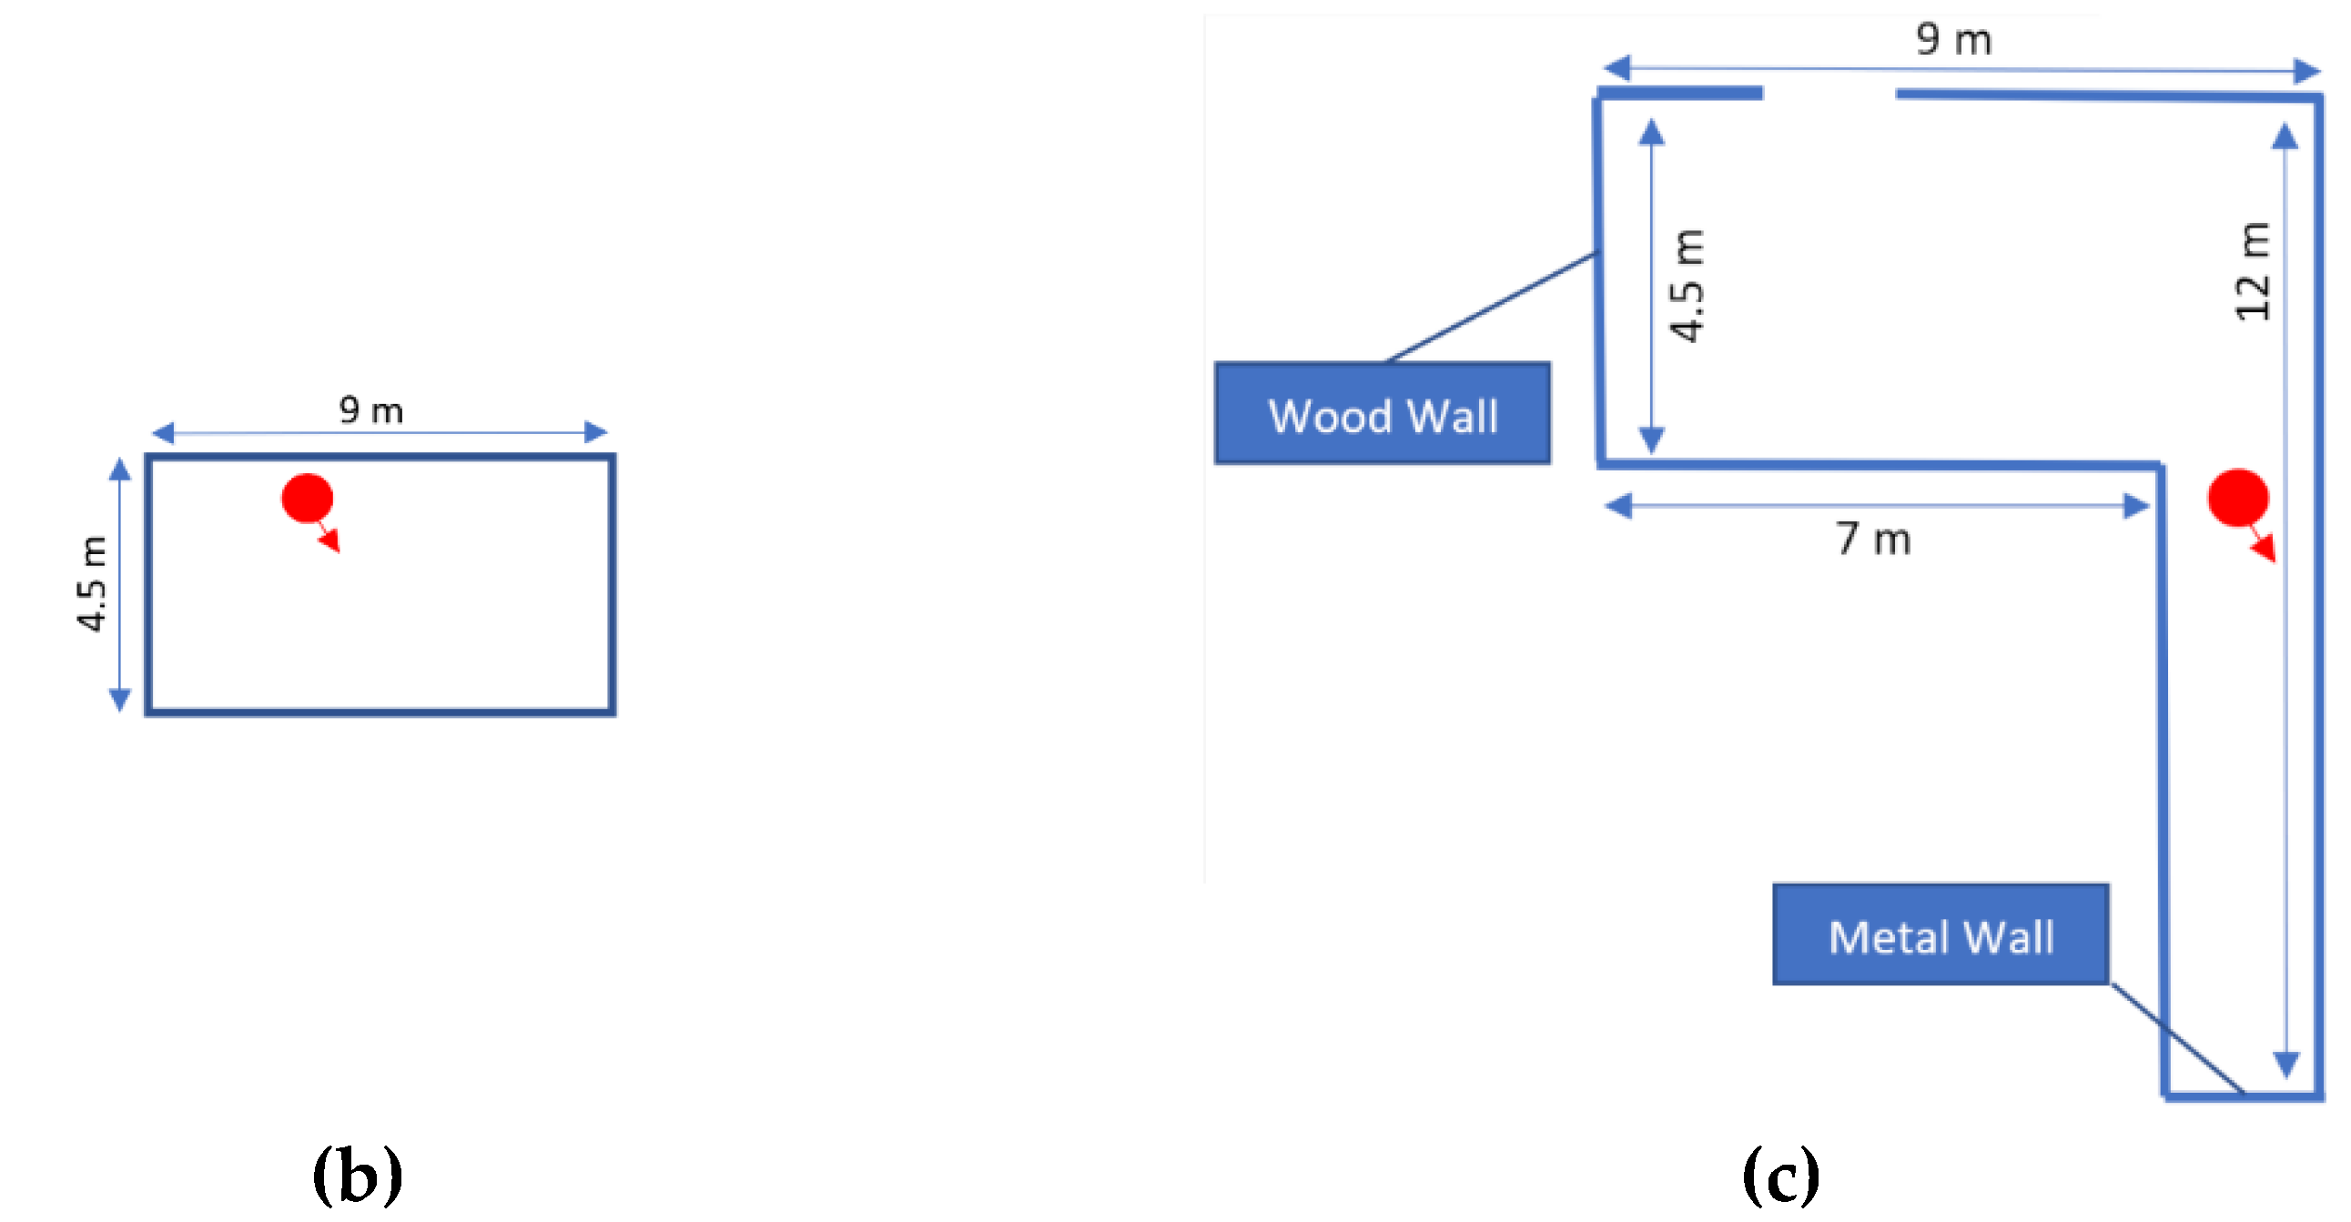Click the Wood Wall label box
[x=1382, y=413]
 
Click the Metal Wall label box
[x=1941, y=934]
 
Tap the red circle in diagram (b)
[x=307, y=499]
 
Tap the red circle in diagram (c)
[x=2237, y=499]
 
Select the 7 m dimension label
[x=1874, y=540]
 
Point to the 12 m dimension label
[x=2253, y=271]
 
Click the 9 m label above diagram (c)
[x=1953, y=40]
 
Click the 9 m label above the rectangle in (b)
[x=370, y=410]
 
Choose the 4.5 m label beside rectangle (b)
[x=92, y=584]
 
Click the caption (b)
[x=357, y=1177]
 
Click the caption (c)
[x=1780, y=1177]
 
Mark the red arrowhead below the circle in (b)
[x=330, y=541]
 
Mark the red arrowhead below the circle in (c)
[x=2265, y=549]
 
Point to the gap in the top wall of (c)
[x=1829, y=93]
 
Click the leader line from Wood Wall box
[x=1490, y=308]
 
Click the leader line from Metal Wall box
[x=2177, y=1037]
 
